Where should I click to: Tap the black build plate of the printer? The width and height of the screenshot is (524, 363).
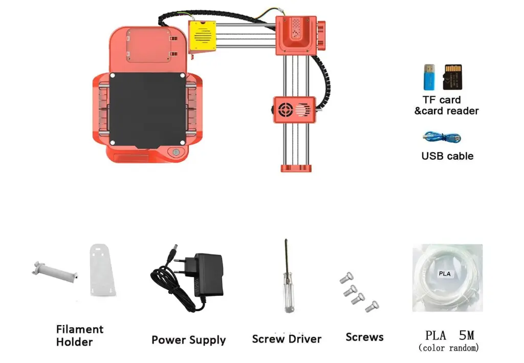pyautogui.click(x=148, y=110)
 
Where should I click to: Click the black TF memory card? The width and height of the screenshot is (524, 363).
pyautogui.click(x=453, y=77)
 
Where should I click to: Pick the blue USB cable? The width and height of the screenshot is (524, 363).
pyautogui.click(x=442, y=137)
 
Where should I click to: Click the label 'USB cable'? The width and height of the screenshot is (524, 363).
pyautogui.click(x=447, y=156)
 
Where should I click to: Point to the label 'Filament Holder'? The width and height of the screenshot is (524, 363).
pyautogui.click(x=79, y=335)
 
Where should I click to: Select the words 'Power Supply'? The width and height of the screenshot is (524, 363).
pyautogui.click(x=188, y=340)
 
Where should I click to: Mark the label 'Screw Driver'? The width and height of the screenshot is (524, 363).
pyautogui.click(x=287, y=339)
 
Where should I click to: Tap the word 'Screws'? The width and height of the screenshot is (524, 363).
pyautogui.click(x=364, y=337)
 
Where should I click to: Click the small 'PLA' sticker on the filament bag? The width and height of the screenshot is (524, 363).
pyautogui.click(x=445, y=273)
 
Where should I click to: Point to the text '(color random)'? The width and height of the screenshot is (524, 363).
pyautogui.click(x=449, y=348)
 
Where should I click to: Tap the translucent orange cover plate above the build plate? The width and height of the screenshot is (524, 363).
pyautogui.click(x=148, y=45)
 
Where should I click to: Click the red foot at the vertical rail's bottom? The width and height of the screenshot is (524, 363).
pyautogui.click(x=295, y=167)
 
